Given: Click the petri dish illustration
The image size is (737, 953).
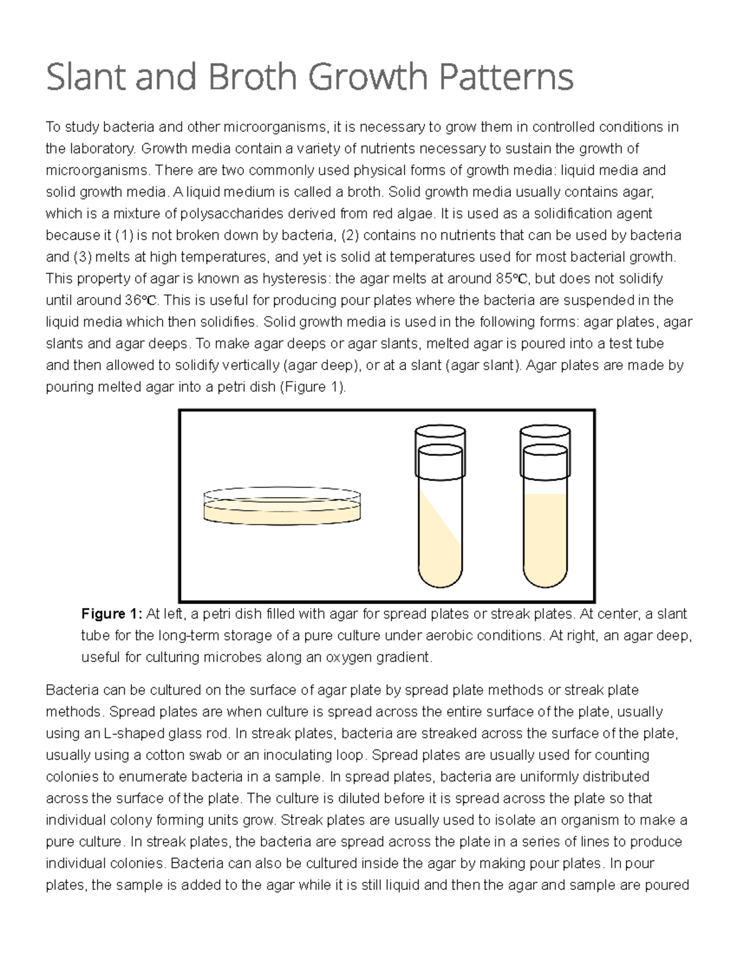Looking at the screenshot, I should [282, 507].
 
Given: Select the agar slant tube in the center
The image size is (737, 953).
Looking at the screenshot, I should [440, 528].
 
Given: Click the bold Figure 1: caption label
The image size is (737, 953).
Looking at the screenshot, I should [111, 614].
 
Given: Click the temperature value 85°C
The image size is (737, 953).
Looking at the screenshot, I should [513, 279].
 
